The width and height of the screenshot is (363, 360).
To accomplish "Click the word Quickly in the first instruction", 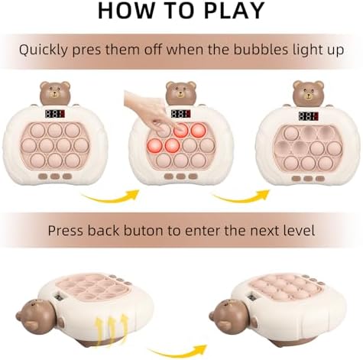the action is coord(44,50).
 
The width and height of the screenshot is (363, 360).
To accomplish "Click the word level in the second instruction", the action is coord(299,230).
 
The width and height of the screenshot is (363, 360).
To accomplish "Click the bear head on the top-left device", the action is coord(55,93).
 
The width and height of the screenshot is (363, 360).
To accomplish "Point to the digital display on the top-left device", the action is coord(55,114).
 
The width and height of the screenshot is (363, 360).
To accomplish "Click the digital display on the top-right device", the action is coord(308,116).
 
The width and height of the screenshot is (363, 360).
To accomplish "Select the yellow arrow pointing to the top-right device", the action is coord(241,196).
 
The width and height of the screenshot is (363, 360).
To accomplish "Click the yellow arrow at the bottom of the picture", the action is coord(178,352).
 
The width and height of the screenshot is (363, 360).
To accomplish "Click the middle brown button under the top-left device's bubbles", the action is coord(55,177).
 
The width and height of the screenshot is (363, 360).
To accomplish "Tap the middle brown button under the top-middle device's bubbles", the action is coord(181,177).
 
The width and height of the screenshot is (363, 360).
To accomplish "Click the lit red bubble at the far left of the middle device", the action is coord(155,146).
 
